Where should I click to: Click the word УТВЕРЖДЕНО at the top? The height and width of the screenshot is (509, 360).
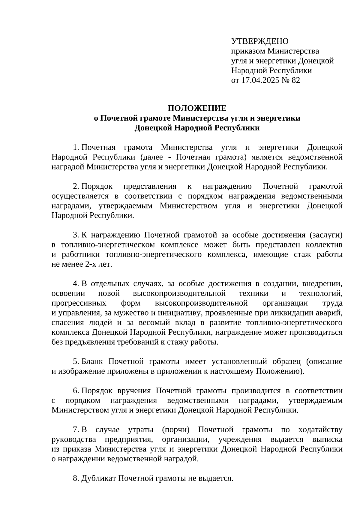coord(260,41)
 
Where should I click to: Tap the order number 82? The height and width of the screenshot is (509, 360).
coord(295,80)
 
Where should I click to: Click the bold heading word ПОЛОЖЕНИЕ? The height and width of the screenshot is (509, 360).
coord(197,108)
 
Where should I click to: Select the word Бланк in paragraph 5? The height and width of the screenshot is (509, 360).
coord(92,361)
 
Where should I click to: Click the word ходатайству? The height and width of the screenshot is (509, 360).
coord(320,430)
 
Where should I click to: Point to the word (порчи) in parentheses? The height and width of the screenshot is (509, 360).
coord(175,430)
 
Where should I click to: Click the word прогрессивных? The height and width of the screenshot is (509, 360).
coord(79,303)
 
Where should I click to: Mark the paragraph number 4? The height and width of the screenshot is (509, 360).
coord(76,284)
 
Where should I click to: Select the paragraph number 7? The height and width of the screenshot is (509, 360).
coord(76,430)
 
